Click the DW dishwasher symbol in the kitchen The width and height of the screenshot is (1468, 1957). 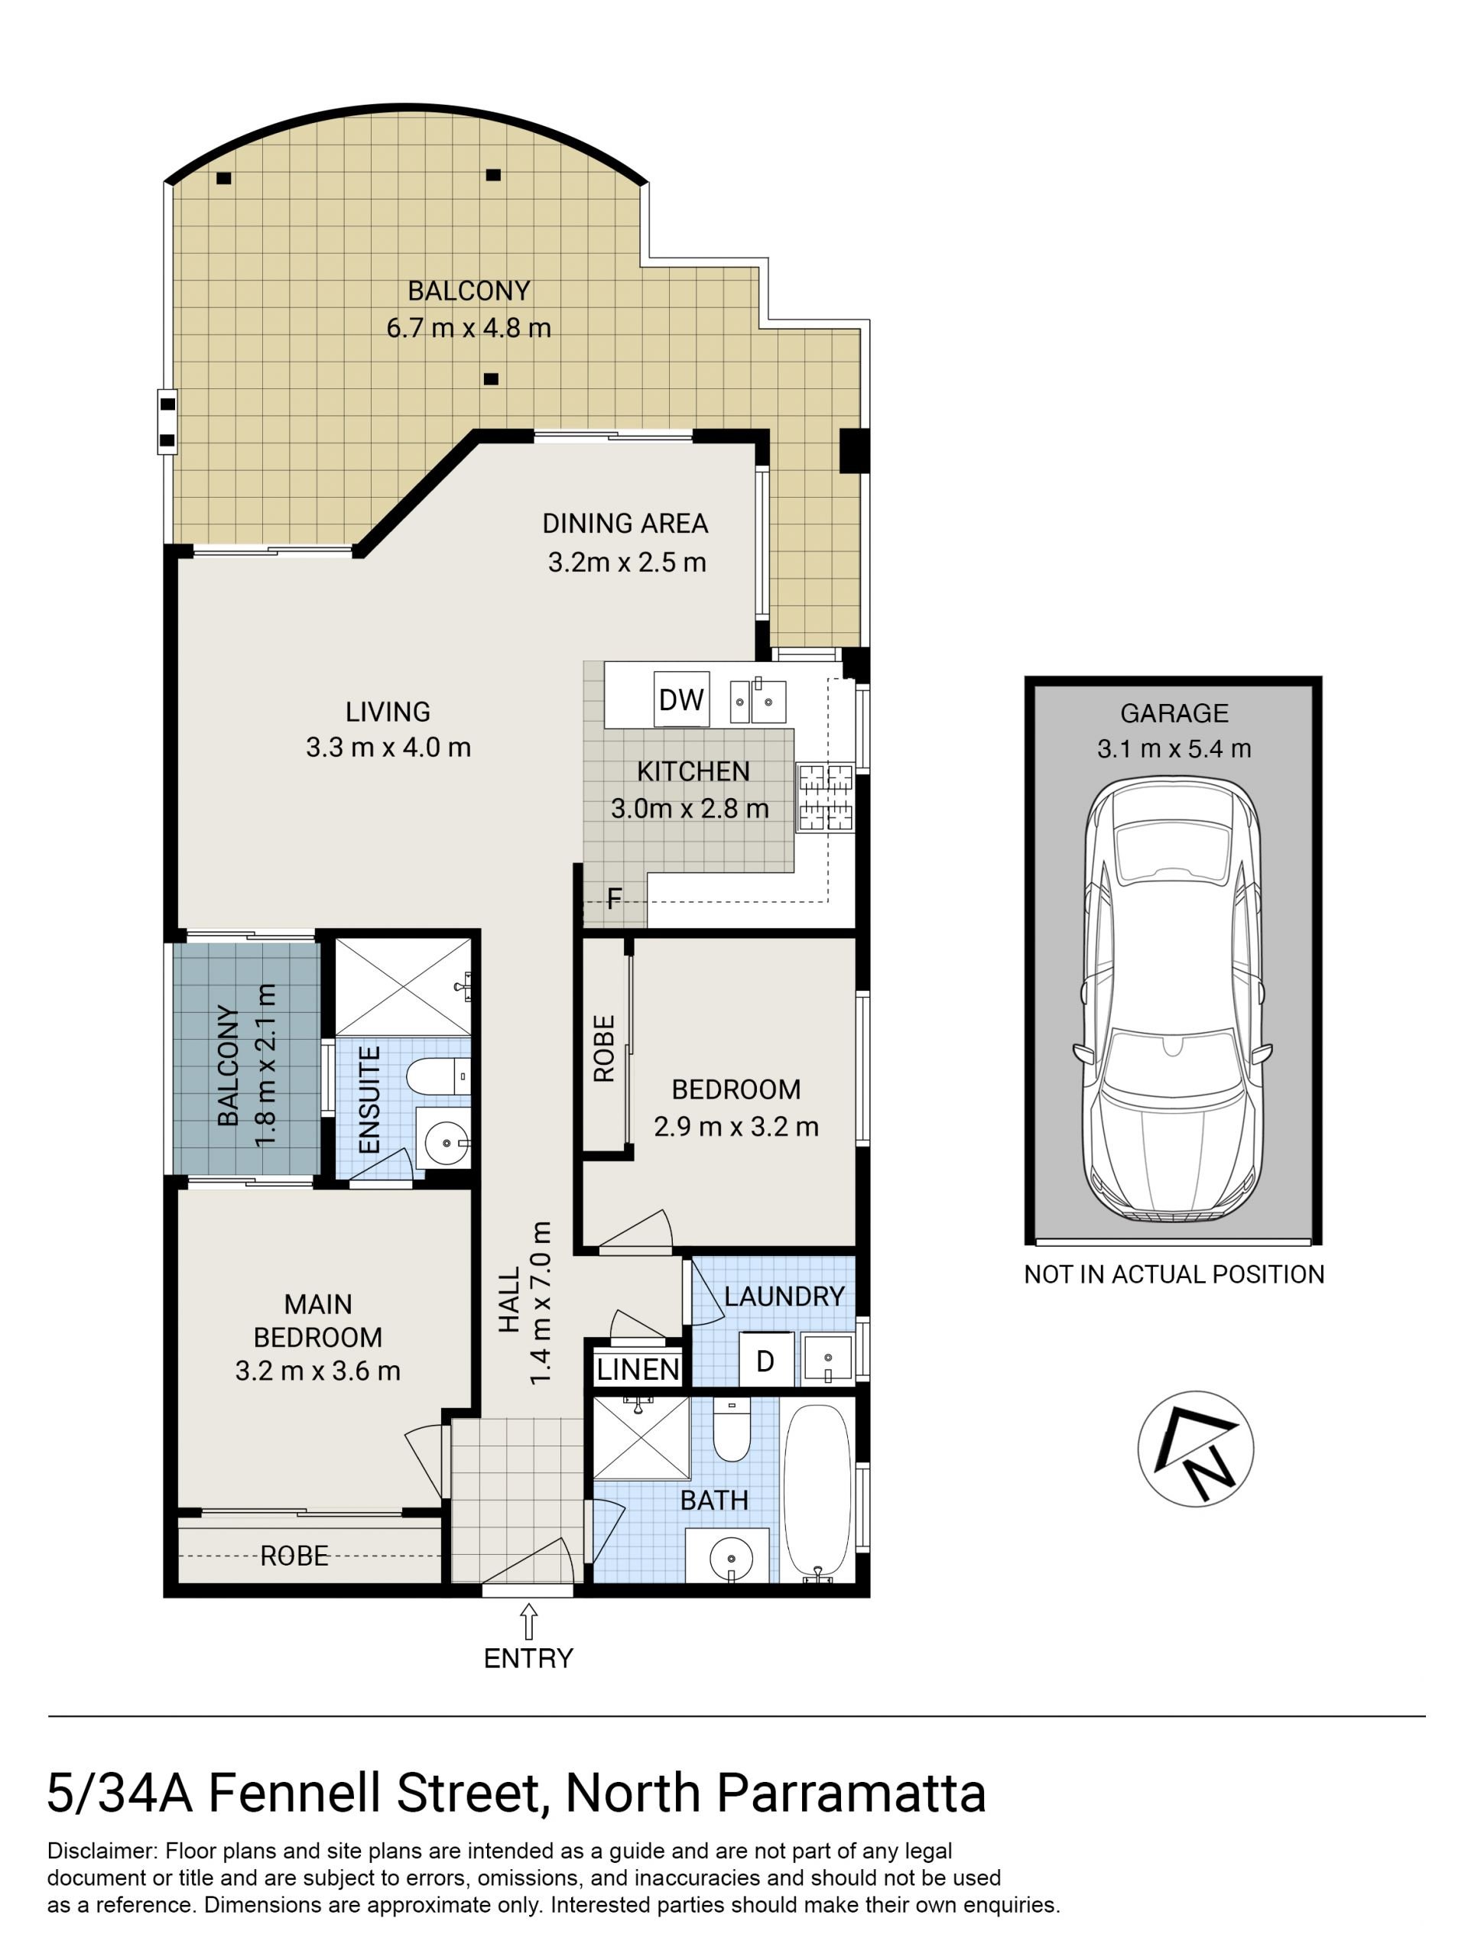(x=680, y=699)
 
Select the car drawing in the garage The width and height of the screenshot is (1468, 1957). (x=1172, y=1000)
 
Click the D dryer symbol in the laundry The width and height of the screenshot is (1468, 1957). (x=765, y=1361)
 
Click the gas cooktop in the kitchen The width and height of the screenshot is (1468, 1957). (x=826, y=798)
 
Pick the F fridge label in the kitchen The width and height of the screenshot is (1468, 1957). (x=613, y=900)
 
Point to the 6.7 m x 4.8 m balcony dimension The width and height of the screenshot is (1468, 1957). (x=468, y=328)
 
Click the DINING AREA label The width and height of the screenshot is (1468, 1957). (x=625, y=524)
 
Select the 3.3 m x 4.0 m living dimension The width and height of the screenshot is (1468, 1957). (x=388, y=748)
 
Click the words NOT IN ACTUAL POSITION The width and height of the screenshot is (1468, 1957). (x=1174, y=1274)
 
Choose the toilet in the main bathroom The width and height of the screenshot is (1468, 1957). (x=731, y=1430)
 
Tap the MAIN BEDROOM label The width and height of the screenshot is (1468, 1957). (x=317, y=1321)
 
